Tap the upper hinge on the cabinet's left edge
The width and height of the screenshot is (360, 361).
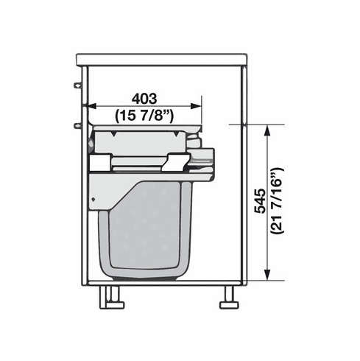[77, 86]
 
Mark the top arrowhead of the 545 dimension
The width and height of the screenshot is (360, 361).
[267, 129]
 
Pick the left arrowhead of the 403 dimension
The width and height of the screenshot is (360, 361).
[91, 106]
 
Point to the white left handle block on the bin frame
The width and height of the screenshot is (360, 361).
[99, 164]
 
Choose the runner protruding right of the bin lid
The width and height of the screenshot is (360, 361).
[205, 156]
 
